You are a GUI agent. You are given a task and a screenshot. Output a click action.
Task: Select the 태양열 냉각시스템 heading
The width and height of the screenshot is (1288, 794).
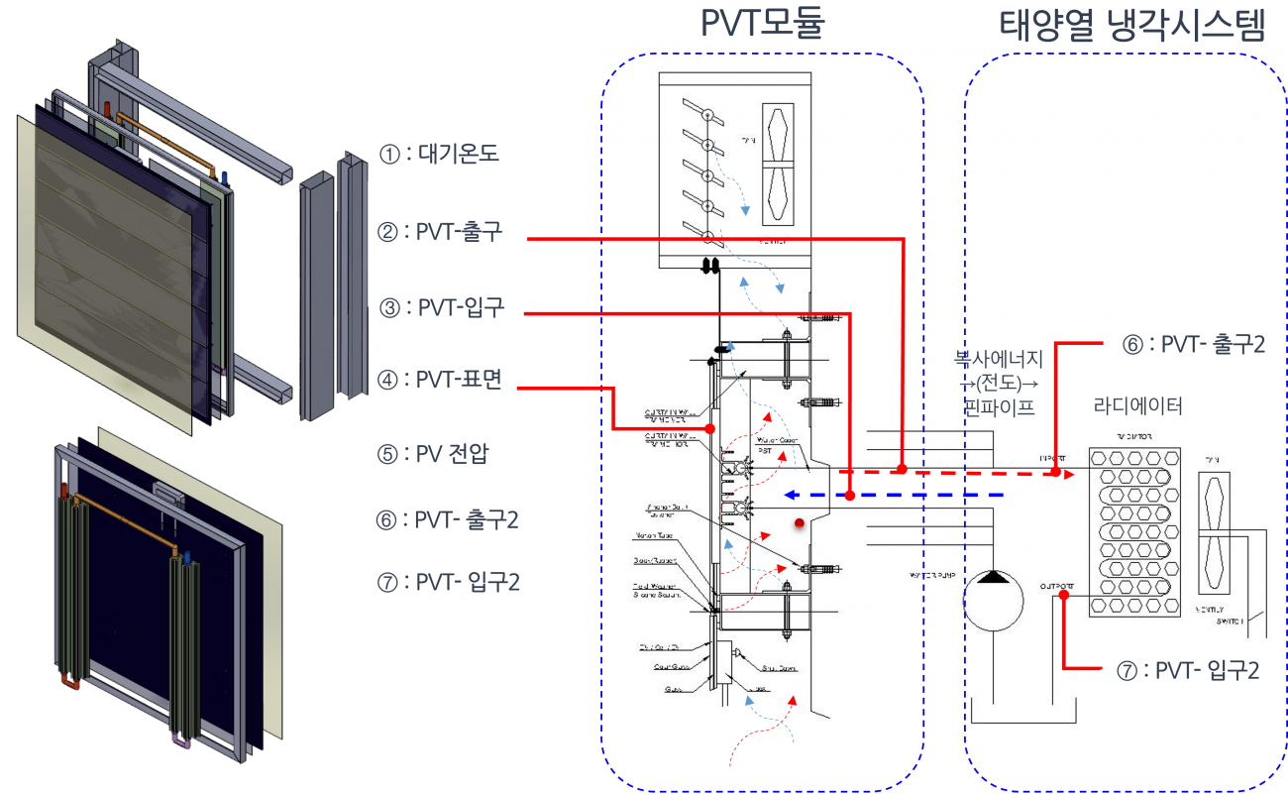(x=1132, y=23)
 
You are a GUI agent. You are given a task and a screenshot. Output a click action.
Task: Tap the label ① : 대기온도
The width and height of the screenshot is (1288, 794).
(x=438, y=155)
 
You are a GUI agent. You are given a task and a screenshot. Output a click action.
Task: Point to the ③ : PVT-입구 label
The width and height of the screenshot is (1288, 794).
(x=442, y=307)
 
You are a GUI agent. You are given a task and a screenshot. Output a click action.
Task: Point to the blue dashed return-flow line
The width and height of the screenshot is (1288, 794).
(x=892, y=494)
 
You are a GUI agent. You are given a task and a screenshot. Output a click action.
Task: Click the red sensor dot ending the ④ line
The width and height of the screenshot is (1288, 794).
(x=711, y=428)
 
